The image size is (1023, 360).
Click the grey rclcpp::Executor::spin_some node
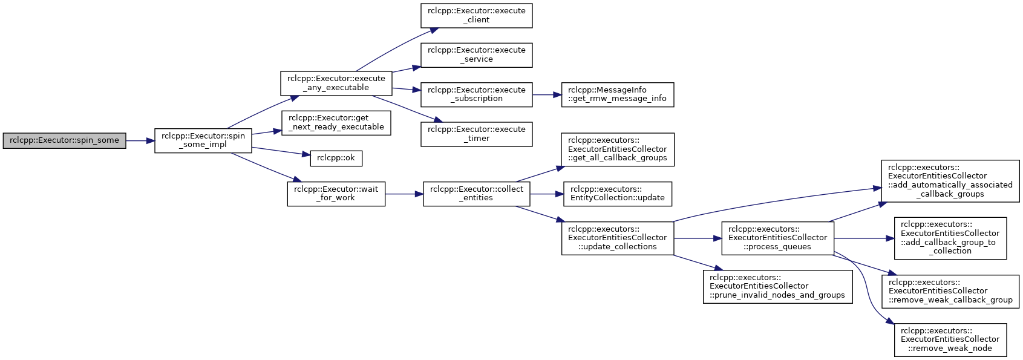pos(64,141)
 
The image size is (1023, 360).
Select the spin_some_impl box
pos(203,141)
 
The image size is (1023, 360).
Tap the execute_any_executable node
pos(336,83)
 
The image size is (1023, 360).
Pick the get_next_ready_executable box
pos(336,122)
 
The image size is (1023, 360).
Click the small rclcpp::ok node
pos(336,158)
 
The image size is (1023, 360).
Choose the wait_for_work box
pos(336,194)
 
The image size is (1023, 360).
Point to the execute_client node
pos(476,16)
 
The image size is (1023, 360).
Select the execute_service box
pos(476,55)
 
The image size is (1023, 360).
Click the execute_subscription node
pos(476,94)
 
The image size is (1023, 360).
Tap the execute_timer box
pos(476,134)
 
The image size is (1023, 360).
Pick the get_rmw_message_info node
pos(618,94)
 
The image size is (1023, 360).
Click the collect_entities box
pos(476,194)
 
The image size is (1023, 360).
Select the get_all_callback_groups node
pos(618,149)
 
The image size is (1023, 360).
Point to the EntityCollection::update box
pos(618,194)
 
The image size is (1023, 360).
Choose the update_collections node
pos(618,238)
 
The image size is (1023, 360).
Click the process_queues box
pos(778,238)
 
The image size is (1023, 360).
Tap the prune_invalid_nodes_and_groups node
pos(778,286)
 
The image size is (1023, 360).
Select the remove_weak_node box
pos(950,339)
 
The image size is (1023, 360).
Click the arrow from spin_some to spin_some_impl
pos(140,141)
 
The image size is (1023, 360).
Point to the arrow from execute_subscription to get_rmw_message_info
pos(547,94)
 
